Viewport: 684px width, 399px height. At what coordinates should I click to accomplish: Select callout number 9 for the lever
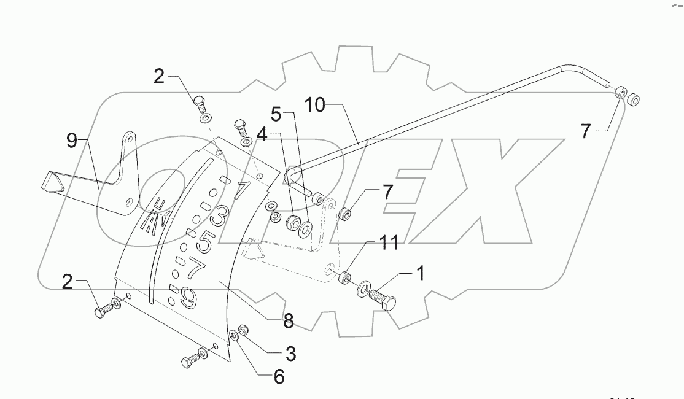pos(72,141)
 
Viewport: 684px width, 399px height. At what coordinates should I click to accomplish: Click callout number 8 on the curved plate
pos(288,320)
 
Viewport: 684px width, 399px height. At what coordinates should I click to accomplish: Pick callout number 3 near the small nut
pos(290,354)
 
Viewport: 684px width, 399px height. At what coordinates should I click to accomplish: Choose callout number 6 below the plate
pos(279,376)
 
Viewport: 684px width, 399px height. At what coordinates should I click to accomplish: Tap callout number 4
pos(262,135)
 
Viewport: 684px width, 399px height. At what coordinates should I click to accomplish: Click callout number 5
pos(276,115)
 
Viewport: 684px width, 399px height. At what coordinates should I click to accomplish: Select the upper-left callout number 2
pos(159,77)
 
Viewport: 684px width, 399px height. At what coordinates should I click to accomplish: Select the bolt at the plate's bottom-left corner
pos(188,362)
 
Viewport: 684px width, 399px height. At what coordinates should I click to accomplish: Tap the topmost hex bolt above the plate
pos(199,101)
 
